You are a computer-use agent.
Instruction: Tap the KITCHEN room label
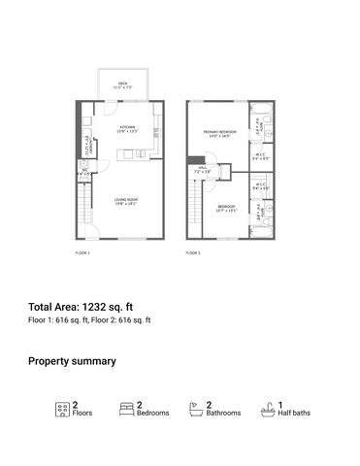[x=127, y=127]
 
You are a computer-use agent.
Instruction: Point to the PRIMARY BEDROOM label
[x=220, y=133]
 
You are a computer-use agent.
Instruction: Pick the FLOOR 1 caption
[x=82, y=252]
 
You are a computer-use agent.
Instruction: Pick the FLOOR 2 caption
[x=193, y=252]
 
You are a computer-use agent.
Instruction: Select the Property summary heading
[x=72, y=361]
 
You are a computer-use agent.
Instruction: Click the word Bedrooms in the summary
[x=153, y=414]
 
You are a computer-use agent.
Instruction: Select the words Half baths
[x=295, y=414]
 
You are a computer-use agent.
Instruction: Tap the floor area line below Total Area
[x=89, y=319]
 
